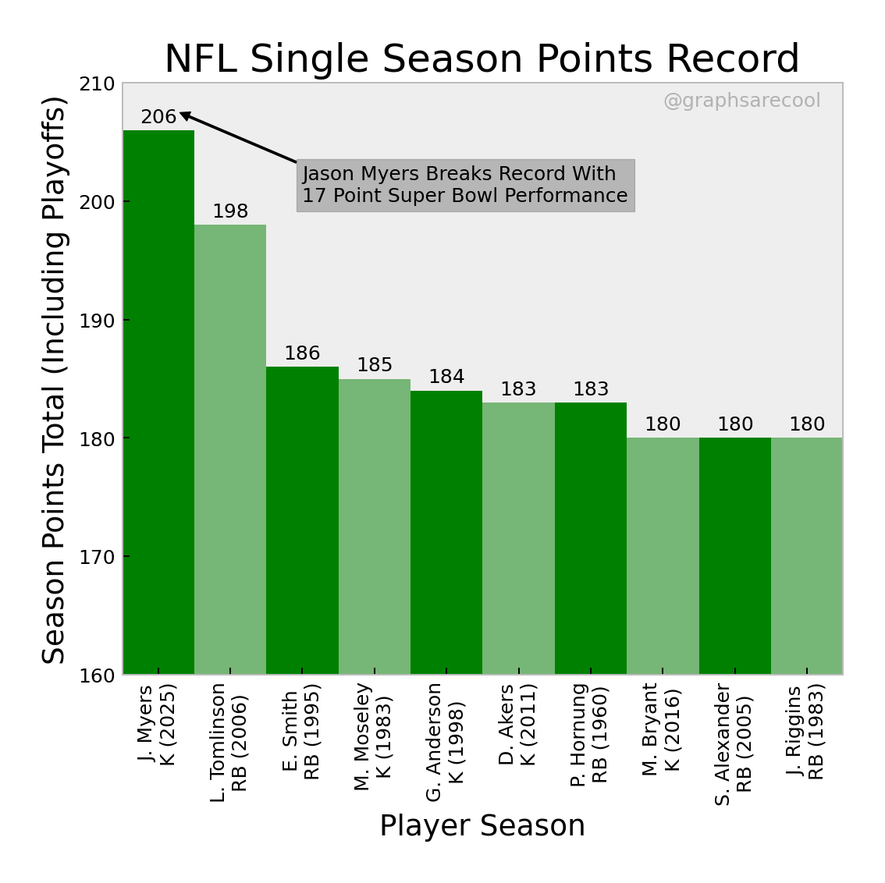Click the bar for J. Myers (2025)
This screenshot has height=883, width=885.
coord(158,402)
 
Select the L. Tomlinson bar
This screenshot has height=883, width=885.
coord(230,449)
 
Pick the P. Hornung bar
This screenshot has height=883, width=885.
coord(591,538)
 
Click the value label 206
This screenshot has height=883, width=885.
coord(158,117)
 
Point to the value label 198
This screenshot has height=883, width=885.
coord(230,211)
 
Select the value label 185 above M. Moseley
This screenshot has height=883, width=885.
coord(375,365)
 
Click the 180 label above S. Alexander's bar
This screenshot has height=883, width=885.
coord(735,424)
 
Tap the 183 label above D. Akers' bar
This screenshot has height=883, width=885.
coord(518,389)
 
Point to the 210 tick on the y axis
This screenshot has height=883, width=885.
coord(97,84)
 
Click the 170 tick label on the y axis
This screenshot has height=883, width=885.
coord(97,558)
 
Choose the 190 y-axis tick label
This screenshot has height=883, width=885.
coord(97,321)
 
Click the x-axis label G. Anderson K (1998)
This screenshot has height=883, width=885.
coord(446,743)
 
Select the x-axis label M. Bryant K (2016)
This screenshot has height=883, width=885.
coord(662,731)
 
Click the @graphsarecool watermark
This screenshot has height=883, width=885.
coord(741,101)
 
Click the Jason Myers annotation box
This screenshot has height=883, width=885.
coord(465,185)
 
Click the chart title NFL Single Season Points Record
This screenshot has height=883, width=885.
coord(482,59)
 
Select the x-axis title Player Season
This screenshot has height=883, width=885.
coord(482,825)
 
